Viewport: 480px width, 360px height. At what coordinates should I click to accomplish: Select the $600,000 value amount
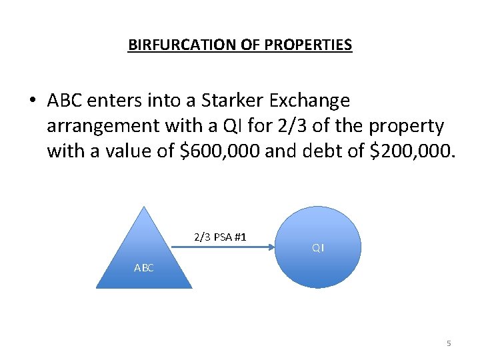coord(222,151)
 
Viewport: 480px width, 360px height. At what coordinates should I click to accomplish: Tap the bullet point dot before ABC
coord(31,101)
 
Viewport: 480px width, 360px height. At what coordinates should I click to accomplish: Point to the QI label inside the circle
coord(317,248)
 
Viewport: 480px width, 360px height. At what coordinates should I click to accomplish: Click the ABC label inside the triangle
coord(144,268)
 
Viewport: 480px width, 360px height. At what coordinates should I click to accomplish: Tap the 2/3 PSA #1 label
coord(220,237)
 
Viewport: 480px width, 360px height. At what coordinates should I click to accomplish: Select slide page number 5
coord(449,343)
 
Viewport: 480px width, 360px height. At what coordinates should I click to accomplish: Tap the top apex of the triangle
coord(145,207)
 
